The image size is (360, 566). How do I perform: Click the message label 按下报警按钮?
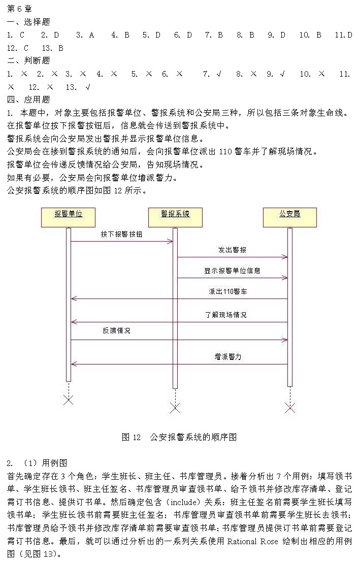click(x=121, y=235)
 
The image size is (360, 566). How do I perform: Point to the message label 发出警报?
click(x=233, y=250)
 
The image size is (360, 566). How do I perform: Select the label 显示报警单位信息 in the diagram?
click(x=232, y=271)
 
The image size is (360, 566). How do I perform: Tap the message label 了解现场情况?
click(x=226, y=315)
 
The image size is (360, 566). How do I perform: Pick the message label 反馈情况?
click(x=116, y=330)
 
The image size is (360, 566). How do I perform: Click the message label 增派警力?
click(x=228, y=357)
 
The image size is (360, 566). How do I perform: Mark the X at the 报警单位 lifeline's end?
click(x=68, y=400)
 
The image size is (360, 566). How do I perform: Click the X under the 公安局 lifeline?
click(x=290, y=408)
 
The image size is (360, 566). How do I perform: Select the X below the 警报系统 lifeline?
click(x=175, y=408)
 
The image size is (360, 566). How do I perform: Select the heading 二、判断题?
click(x=28, y=61)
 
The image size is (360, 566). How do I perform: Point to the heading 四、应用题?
click(x=28, y=99)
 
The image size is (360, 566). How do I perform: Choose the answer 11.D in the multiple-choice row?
click(x=343, y=35)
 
